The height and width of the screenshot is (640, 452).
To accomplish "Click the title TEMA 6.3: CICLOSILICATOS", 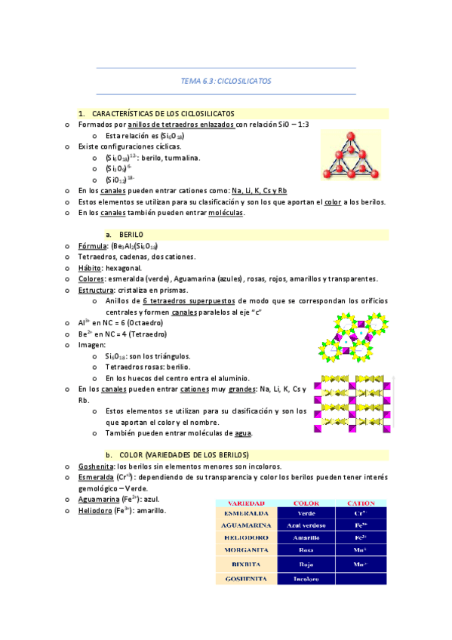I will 226,81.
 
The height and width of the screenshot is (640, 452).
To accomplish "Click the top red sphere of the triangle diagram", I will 351,137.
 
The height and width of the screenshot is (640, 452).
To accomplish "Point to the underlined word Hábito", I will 91,267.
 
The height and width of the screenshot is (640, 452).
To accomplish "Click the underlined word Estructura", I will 95,289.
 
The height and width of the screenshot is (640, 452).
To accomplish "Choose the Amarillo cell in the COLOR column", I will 306,537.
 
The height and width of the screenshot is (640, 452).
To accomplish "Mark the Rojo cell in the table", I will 306,564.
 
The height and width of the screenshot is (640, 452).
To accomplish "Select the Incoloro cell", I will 306,579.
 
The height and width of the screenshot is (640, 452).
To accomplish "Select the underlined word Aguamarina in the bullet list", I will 98,499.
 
